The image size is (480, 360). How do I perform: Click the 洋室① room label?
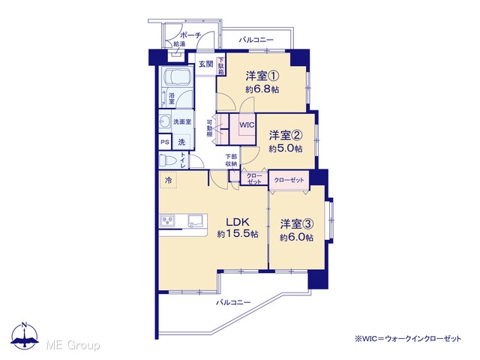[262, 75]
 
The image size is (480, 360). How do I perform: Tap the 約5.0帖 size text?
[286, 148]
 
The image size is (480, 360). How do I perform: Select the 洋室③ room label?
[296, 224]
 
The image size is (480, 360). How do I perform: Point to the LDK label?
[238, 222]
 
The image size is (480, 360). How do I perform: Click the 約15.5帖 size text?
[238, 234]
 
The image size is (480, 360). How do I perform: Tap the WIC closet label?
[247, 125]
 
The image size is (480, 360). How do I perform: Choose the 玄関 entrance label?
[206, 64]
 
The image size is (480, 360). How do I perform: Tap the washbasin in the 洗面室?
[165, 121]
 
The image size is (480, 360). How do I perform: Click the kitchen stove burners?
[168, 220]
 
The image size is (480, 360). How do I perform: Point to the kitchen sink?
[196, 220]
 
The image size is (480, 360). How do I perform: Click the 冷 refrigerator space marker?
[168, 180]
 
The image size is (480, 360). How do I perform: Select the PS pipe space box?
[165, 142]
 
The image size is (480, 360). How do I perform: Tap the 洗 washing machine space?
[181, 142]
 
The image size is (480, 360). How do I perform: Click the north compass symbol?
[25, 335]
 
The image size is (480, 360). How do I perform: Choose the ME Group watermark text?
[73, 345]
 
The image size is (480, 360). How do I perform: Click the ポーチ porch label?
[190, 35]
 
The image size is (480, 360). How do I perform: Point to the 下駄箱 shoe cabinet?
[220, 67]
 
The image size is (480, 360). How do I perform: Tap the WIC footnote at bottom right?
[408, 339]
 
